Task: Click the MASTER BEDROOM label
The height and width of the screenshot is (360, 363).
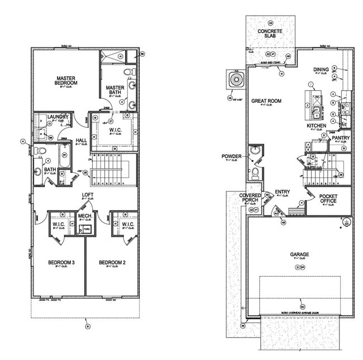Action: (x=66, y=80)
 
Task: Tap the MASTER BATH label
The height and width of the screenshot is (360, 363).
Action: (x=115, y=90)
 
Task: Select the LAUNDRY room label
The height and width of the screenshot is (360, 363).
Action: (x=58, y=117)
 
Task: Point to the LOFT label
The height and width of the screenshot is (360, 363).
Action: (x=87, y=195)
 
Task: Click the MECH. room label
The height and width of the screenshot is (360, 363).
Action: (x=85, y=215)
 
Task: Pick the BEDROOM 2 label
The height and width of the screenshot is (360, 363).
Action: (x=111, y=262)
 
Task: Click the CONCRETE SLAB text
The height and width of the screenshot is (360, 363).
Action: (x=270, y=33)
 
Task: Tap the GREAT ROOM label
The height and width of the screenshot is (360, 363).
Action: (x=266, y=101)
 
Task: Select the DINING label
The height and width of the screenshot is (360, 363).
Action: (x=321, y=70)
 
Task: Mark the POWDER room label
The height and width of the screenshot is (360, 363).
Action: (x=232, y=156)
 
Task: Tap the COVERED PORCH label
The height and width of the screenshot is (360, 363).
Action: (x=250, y=198)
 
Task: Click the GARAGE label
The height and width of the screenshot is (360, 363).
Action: (x=299, y=255)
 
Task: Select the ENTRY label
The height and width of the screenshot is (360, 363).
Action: (x=282, y=192)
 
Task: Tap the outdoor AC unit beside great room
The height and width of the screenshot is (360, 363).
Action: (x=236, y=80)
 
